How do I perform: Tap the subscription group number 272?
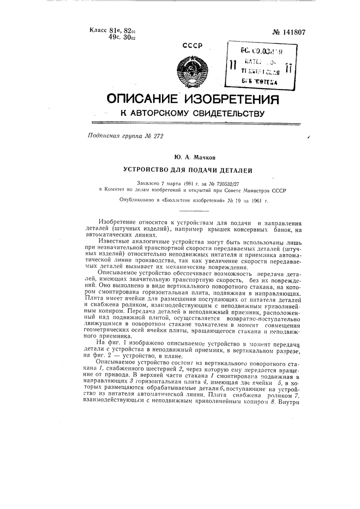(x=158, y=136)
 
